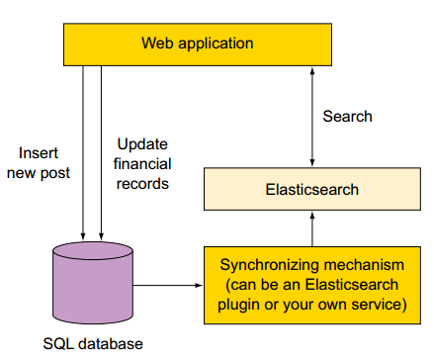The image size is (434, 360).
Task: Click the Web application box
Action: [197, 44]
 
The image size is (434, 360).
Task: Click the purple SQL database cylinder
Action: [92, 286]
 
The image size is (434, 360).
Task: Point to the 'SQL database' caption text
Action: [93, 344]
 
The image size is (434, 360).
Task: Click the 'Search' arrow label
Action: [347, 117]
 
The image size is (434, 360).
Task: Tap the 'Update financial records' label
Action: [142, 162]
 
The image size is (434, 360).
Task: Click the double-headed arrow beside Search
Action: [312, 117]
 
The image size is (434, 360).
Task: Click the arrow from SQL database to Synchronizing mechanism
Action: [167, 286]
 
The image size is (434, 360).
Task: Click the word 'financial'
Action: [142, 162]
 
